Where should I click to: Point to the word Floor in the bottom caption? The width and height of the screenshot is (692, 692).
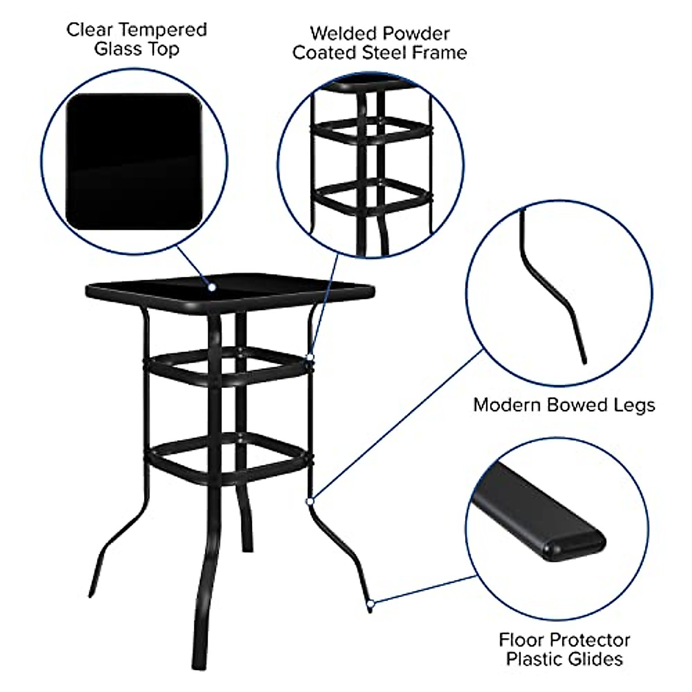521,640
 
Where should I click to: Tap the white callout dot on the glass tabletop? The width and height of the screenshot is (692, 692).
212,287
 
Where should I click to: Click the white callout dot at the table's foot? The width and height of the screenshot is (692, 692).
371,604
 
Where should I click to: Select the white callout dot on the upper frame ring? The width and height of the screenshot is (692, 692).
310,358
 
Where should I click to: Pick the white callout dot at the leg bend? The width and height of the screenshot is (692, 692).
310,501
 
